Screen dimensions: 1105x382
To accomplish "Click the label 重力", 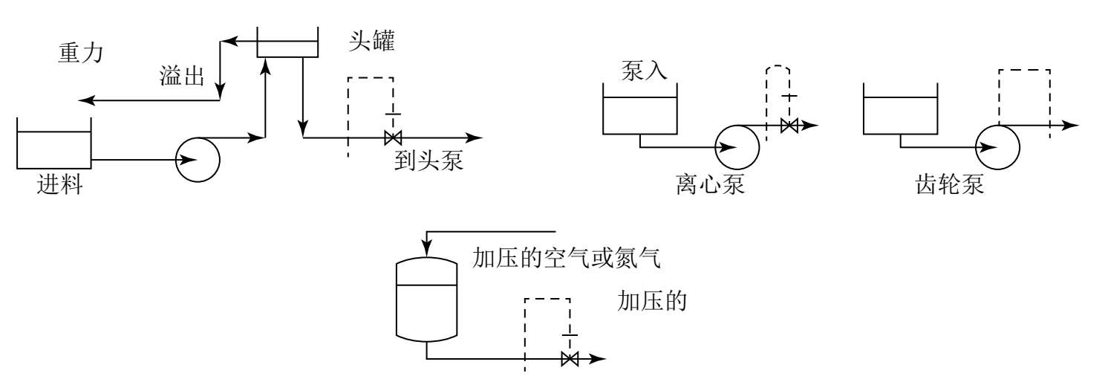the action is pos(80,53).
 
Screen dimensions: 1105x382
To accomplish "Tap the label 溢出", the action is pos(181,76).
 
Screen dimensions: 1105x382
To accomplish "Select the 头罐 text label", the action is pos(371,41).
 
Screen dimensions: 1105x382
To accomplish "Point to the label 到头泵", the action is pos(428,161).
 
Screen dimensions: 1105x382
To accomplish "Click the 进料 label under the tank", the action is pos(59,185).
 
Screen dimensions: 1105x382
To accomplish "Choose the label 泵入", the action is pos(644,71).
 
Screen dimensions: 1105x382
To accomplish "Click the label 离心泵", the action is pos(710,184).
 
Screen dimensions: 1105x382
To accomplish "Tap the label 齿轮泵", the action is pos(950,184).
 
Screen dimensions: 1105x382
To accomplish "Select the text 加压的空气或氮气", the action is pos(567,258).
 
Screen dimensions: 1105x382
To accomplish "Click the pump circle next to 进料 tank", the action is pos(198,160).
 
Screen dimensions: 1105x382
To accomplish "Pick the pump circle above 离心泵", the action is pos(737,147).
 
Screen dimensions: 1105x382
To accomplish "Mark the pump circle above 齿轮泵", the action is pos(997,147).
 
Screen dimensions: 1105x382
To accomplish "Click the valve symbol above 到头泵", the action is pos(393,137).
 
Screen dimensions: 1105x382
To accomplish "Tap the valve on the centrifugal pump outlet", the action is pos(790,126).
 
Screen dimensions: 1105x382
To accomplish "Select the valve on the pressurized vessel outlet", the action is pos(570,359).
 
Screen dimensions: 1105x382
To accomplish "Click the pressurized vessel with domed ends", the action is pos(427,300).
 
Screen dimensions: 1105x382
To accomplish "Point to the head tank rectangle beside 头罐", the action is pos(287,42).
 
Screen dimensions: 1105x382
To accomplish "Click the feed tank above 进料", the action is pos(54,143).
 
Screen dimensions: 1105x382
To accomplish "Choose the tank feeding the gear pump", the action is pos(901,109).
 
